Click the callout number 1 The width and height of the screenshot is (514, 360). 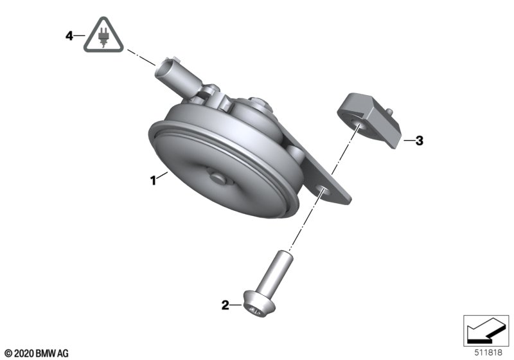point(153,181)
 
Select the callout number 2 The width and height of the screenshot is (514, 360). point(226,305)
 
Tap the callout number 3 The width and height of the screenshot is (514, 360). point(420,141)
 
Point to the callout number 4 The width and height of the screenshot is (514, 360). point(69,35)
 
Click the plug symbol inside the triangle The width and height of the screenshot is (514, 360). point(103,37)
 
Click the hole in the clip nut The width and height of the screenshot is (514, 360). point(359,125)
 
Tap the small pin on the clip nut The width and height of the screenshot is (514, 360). point(389,111)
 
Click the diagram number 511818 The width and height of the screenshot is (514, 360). point(488,353)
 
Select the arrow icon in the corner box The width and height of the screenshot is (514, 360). point(484,330)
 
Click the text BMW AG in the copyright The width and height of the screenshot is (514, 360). point(52,354)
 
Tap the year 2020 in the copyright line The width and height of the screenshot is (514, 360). point(24,354)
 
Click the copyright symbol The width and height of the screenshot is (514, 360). point(9,354)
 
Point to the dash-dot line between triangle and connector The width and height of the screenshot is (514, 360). point(141,58)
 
